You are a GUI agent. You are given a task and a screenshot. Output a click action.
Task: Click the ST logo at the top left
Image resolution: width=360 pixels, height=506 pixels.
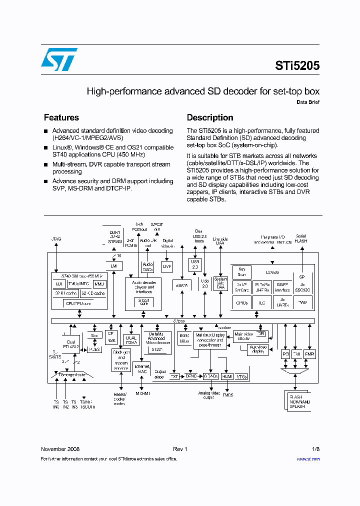59,59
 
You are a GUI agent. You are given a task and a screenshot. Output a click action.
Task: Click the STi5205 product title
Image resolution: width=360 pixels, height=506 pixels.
297,65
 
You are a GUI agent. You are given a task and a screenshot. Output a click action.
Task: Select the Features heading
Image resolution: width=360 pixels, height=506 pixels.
61,117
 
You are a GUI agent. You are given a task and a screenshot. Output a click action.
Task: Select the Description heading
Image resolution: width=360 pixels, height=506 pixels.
210,117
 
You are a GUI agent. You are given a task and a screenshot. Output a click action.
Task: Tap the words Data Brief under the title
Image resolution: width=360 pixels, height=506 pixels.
307,102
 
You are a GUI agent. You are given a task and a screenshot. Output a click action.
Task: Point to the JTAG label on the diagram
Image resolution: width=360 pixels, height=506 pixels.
56,239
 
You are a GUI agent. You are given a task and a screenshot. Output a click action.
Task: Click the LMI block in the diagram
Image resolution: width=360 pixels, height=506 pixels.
113,266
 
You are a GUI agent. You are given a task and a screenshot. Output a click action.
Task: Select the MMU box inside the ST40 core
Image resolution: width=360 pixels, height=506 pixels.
100,284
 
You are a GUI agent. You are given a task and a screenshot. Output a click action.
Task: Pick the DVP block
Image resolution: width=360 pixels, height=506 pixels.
167,266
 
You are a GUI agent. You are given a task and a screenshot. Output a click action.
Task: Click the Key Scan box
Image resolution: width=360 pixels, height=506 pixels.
242,272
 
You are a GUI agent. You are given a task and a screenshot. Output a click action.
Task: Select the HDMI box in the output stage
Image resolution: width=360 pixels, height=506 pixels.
227,376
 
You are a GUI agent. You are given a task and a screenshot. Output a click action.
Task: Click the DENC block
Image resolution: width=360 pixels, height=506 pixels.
191,376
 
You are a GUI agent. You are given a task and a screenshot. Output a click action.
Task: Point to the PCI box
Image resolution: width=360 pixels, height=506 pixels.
286,354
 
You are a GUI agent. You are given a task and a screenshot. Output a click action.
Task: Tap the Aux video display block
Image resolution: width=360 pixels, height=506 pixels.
258,349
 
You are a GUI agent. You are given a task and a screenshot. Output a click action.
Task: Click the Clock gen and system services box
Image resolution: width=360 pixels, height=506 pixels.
120,359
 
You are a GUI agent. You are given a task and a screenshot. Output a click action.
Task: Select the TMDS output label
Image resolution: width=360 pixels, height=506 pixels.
227,394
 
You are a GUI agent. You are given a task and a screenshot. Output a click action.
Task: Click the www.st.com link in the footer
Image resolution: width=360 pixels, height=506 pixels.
308,458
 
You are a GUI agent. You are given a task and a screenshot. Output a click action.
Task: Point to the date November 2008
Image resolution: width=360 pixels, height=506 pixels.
60,449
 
